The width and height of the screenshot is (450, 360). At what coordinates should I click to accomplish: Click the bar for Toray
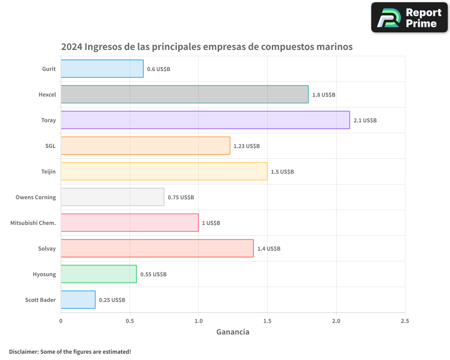[x=205, y=120]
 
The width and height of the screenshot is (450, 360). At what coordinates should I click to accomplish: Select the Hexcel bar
[x=184, y=94]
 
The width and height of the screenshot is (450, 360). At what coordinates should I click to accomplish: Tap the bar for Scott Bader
[x=78, y=300]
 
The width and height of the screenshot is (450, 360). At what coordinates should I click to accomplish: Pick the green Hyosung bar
[x=99, y=274]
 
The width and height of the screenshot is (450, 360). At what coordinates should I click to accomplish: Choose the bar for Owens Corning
[x=112, y=197]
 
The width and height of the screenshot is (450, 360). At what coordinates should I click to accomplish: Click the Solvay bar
[x=157, y=248]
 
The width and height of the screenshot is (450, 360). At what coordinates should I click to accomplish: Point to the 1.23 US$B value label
[x=247, y=146]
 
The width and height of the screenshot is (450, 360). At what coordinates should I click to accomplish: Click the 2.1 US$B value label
[x=365, y=121]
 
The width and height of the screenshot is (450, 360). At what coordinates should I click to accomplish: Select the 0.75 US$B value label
[x=181, y=198]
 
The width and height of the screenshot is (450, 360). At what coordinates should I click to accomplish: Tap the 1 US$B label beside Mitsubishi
[x=211, y=223]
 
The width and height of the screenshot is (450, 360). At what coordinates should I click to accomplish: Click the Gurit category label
[x=49, y=69]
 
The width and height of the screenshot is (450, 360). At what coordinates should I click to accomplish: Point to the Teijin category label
[x=49, y=171]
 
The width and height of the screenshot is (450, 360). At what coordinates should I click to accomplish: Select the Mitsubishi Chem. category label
[x=33, y=223]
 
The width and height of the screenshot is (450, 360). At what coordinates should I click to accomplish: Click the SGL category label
[x=50, y=146]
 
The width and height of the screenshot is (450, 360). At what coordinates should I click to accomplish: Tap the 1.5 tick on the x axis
[x=267, y=321]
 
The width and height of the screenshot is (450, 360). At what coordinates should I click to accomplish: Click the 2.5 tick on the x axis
[x=405, y=321]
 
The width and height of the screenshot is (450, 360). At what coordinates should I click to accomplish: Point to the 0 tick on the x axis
[x=61, y=321]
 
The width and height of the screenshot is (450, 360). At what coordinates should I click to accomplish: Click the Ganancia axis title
[x=233, y=332]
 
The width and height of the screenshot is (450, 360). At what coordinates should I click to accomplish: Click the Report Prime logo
[x=409, y=18]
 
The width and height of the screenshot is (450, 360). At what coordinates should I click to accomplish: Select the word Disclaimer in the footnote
[x=23, y=351]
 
